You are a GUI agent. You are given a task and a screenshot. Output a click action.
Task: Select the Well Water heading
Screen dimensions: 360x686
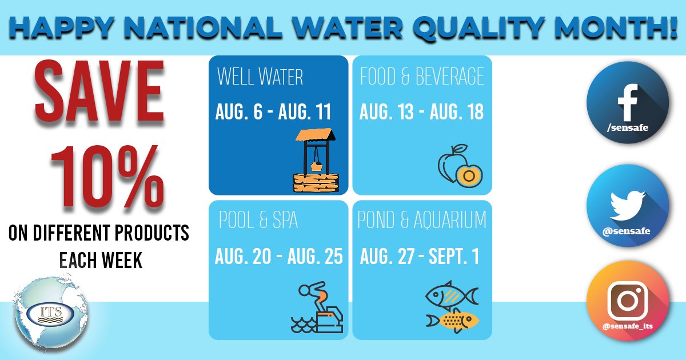(260, 77)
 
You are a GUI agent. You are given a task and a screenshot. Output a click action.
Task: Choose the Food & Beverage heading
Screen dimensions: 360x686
(422, 77)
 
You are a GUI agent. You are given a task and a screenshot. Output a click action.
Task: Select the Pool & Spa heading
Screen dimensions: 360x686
(258, 221)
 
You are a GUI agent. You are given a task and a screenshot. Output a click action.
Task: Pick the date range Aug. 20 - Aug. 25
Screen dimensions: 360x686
(278, 257)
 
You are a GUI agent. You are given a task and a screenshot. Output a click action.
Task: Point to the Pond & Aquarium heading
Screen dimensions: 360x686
(422, 220)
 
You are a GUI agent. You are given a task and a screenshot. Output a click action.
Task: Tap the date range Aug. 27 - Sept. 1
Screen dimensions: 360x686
(420, 257)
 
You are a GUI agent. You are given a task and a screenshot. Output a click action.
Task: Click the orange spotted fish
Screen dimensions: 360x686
(453, 320)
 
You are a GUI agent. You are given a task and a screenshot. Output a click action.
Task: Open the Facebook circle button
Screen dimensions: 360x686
(628, 102)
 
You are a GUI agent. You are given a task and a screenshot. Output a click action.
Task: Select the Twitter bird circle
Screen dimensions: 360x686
(628, 205)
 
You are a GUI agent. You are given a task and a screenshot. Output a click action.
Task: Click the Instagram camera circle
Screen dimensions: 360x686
(628, 303)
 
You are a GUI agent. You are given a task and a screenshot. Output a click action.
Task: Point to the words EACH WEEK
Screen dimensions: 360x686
(101, 260)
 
